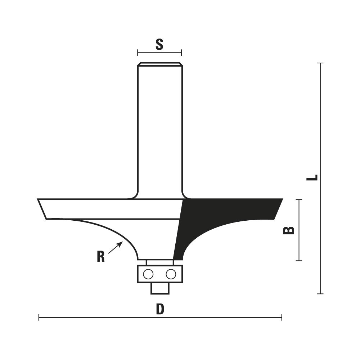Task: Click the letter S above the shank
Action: tap(159, 44)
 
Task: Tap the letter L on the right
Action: tap(312, 177)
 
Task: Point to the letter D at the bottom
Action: tap(160, 309)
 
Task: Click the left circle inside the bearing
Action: tap(148, 274)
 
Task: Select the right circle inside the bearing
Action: tap(171, 274)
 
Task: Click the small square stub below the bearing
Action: tap(160, 288)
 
